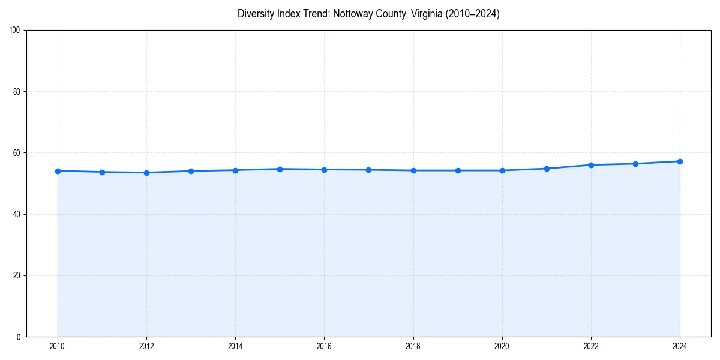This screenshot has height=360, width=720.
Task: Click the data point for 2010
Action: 58,171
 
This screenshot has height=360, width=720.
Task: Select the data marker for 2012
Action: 146,173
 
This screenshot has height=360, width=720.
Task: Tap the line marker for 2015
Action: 280,169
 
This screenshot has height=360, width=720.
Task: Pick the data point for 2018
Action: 413,170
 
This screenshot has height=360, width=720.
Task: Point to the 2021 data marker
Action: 547,169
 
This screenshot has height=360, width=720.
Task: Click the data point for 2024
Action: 680,161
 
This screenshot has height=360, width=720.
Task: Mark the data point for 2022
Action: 591,165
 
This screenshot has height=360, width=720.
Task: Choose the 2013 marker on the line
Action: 191,171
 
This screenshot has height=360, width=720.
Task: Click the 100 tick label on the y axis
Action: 15,31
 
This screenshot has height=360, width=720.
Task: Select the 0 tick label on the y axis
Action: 19,337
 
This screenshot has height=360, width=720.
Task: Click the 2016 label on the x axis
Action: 324,346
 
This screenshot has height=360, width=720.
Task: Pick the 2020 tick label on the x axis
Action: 502,346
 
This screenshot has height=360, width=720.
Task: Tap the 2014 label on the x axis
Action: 235,346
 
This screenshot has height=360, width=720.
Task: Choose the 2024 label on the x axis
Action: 680,346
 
